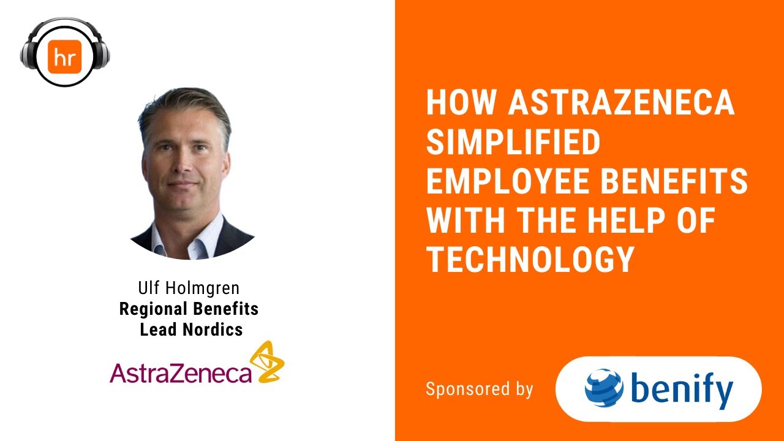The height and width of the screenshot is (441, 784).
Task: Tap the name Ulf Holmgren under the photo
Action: pyautogui.click(x=188, y=288)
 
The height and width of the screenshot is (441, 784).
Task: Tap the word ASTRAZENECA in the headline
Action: pyautogui.click(x=621, y=104)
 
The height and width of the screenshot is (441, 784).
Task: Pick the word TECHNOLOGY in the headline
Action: pyautogui.click(x=530, y=261)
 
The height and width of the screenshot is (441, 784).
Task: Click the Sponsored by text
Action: pyautogui.click(x=480, y=389)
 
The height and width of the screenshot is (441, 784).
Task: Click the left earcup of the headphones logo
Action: pyautogui.click(x=28, y=53)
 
